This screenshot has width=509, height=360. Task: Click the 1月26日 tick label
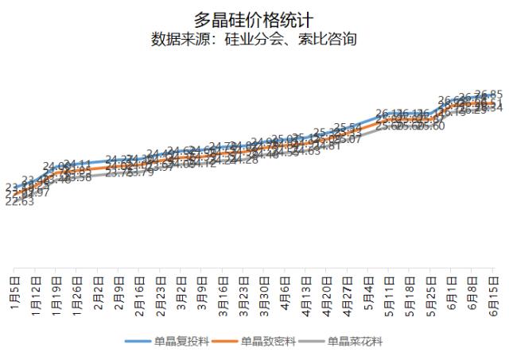point(77,295)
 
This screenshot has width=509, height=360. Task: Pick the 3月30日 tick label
point(264,295)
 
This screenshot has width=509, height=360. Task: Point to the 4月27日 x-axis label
point(348,295)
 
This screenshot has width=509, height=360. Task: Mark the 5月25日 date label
point(430,295)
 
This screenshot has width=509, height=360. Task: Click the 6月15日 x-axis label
point(493,295)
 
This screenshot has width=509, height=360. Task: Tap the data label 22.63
point(19,202)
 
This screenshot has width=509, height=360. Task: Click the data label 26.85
point(488,94)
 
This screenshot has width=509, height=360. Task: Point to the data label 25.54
point(348,128)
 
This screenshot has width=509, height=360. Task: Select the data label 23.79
point(140,172)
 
